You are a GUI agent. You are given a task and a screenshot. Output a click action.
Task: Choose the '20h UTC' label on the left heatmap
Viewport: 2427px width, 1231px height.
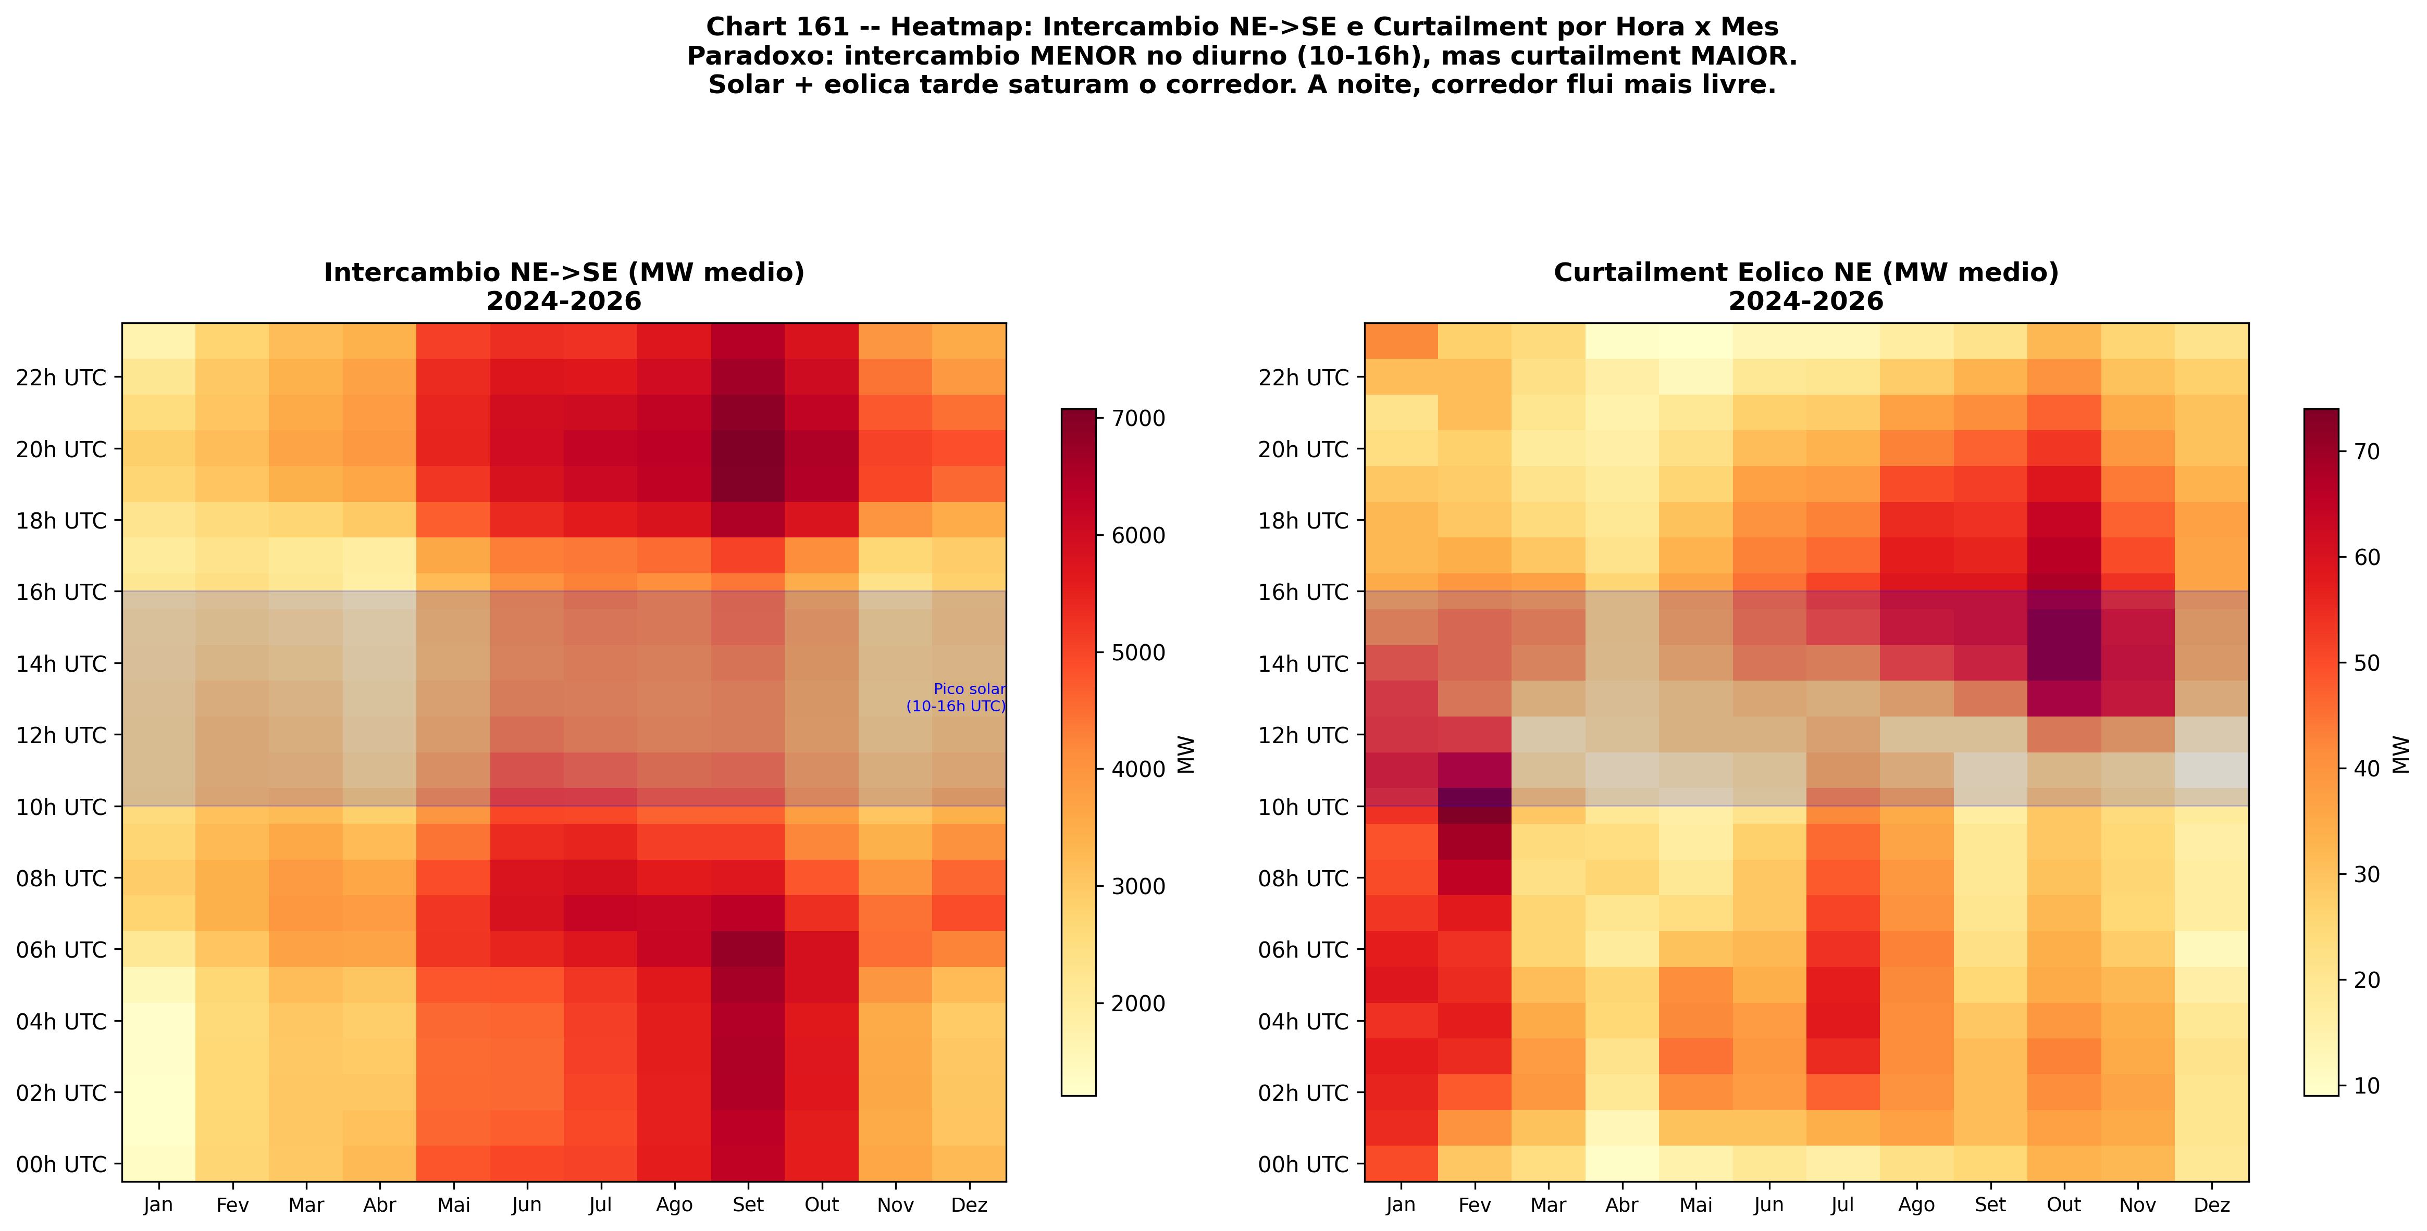[x=61, y=449]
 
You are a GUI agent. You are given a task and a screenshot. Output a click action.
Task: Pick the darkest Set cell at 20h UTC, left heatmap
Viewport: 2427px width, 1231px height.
[x=748, y=449]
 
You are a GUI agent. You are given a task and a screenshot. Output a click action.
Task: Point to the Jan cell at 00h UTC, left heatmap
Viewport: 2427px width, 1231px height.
[x=158, y=1164]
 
